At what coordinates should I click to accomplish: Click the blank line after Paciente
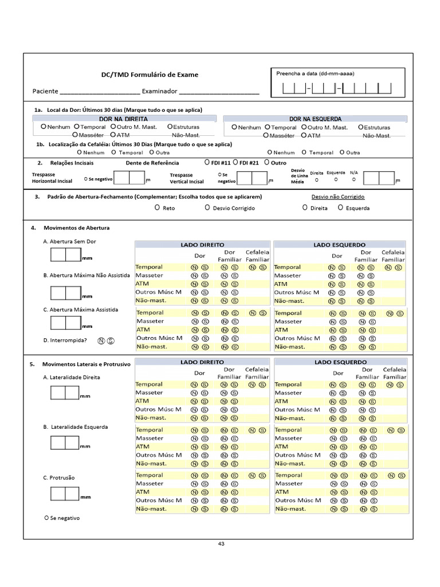100,92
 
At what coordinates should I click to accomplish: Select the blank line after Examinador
219,92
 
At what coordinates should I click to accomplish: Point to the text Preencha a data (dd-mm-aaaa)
315,73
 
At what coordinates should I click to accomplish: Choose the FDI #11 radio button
207,163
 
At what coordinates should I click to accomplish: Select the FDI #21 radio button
235,163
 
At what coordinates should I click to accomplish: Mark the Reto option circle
157,208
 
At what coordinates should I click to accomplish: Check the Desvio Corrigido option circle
207,208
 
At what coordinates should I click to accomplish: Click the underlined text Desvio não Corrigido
337,197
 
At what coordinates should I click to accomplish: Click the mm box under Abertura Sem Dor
65,255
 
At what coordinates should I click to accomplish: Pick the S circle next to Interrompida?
111,341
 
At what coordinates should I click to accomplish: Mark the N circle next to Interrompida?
101,341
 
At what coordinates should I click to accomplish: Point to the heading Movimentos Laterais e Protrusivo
87,364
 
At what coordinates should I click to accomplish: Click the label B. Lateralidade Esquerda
76,427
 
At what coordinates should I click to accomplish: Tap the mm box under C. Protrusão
64,494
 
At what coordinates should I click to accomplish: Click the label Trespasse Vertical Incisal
187,178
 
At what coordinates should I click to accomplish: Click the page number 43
221,544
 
